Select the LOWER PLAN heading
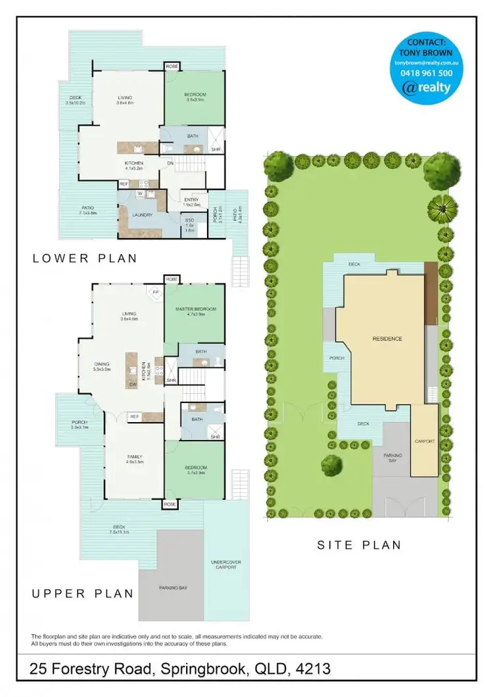pyautogui.click(x=85, y=258)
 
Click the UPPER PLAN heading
pyautogui.click(x=83, y=594)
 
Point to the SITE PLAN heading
pyautogui.click(x=359, y=545)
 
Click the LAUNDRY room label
pyautogui.click(x=142, y=214)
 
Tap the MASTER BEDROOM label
pyautogui.click(x=195, y=309)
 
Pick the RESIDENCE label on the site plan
pyautogui.click(x=387, y=339)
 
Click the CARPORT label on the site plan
pyautogui.click(x=425, y=441)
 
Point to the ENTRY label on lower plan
pyautogui.click(x=192, y=200)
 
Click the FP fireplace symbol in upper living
pyautogui.click(x=156, y=292)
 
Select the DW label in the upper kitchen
pyautogui.click(x=132, y=385)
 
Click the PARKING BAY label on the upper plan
pyautogui.click(x=174, y=587)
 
